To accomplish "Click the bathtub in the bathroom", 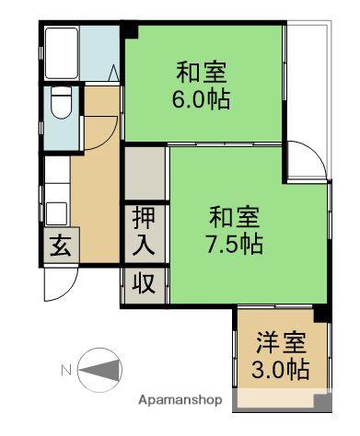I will click(x=61, y=53).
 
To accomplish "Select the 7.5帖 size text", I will click(x=234, y=246).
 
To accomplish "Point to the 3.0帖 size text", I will click(x=281, y=371).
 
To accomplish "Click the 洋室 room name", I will click(x=281, y=343).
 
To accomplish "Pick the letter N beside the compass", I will click(x=66, y=371).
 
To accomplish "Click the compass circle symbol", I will click(x=99, y=371).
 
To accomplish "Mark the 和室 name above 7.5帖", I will click(x=234, y=218).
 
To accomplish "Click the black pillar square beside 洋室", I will click(x=320, y=314).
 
